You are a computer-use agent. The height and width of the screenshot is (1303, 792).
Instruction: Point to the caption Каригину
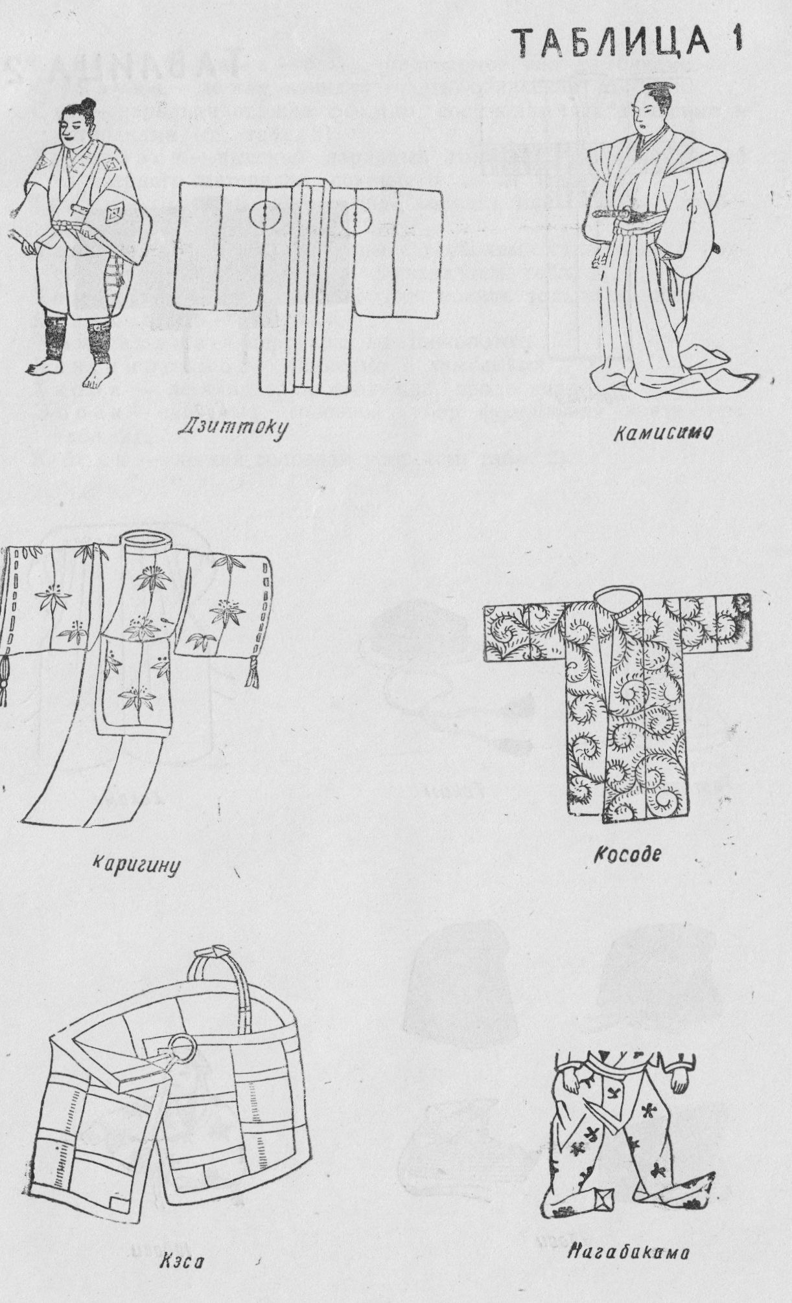pos(134,863)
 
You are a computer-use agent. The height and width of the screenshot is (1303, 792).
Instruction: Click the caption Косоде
pos(627,854)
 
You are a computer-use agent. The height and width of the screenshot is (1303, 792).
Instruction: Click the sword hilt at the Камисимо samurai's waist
pos(612,211)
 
